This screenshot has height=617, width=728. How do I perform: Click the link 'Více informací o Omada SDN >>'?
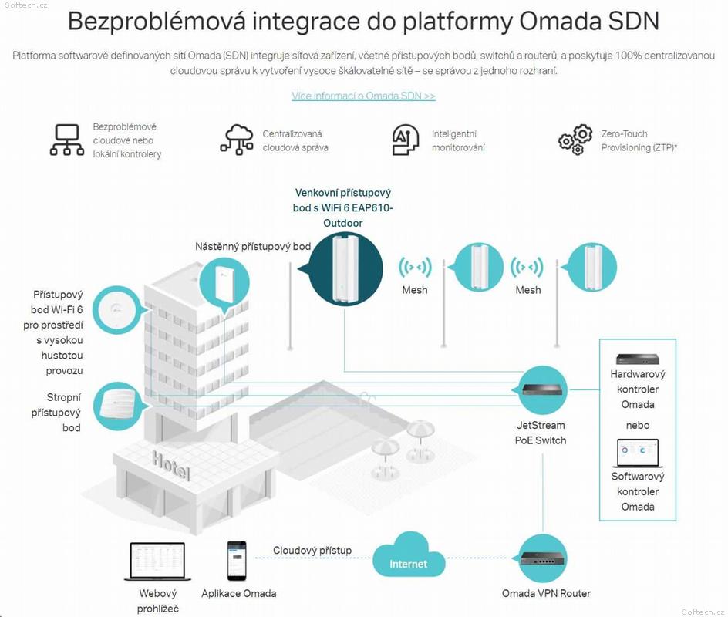tap(363, 96)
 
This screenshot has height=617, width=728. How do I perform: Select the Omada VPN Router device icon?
tap(543, 558)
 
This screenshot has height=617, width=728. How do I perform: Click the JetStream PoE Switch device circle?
tap(542, 389)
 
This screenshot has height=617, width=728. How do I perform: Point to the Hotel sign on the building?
tap(171, 466)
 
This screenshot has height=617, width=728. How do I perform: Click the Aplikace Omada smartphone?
tap(237, 561)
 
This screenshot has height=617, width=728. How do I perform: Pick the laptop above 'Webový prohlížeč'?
tap(157, 561)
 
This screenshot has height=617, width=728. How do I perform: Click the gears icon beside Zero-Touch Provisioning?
tap(575, 140)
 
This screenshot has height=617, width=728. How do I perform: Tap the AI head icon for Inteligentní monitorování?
tap(406, 140)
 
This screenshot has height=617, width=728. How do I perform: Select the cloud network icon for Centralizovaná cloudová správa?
tap(237, 140)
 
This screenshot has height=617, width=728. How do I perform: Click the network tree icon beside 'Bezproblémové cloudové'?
tap(67, 140)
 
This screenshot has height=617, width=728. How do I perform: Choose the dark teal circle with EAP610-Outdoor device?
tap(345, 269)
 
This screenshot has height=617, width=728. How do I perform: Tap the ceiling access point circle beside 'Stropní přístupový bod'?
tap(118, 406)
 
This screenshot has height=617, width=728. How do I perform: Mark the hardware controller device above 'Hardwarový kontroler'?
tap(638, 359)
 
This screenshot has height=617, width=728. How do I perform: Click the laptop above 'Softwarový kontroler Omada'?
tap(638, 453)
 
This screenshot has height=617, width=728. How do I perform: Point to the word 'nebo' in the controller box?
tap(638, 425)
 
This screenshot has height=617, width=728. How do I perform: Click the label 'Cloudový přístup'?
tap(312, 551)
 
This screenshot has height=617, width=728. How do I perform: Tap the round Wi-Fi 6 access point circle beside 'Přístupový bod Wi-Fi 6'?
tap(116, 310)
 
